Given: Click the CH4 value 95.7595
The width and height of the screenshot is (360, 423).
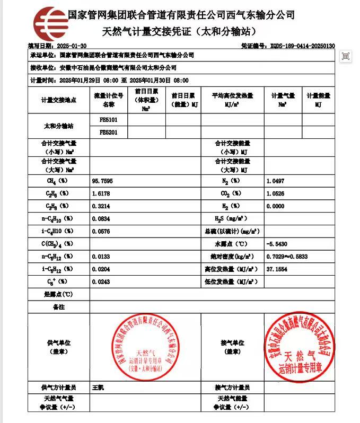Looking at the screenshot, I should [x=102, y=181].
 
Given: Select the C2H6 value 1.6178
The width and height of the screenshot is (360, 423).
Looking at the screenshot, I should [x=101, y=193].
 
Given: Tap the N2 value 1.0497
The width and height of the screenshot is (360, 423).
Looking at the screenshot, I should [x=276, y=181].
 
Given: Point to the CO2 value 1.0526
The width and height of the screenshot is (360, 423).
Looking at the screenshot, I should [x=276, y=193].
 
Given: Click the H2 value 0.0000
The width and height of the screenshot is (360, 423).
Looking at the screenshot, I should [x=276, y=206].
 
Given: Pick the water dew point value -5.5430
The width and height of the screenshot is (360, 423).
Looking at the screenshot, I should [x=277, y=244].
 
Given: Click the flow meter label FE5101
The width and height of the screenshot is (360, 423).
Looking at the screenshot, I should [x=109, y=120].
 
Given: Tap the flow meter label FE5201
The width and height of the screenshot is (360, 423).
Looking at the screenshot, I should [x=109, y=132].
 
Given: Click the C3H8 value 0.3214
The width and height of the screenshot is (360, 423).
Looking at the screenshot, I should [x=101, y=206].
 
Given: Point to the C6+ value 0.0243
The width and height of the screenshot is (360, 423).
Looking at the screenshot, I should [x=101, y=281].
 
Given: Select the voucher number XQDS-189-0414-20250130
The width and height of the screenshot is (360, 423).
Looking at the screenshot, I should [x=302, y=46].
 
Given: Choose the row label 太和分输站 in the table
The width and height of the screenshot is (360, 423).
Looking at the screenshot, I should [x=59, y=126].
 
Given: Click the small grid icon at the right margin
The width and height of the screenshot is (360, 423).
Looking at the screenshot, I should [x=346, y=56].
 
